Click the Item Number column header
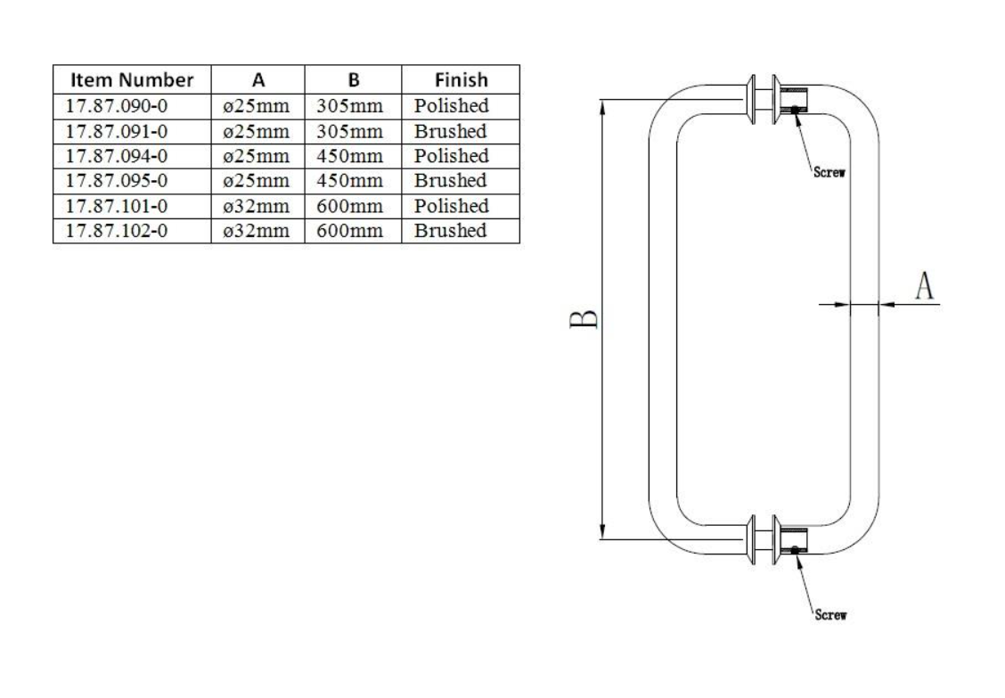[131, 79]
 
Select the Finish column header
[461, 79]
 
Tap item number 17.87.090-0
[117, 106]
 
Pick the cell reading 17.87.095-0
[117, 181]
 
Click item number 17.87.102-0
[117, 231]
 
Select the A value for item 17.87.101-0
[257, 206]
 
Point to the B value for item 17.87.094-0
[349, 156]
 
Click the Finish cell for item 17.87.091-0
[451, 131]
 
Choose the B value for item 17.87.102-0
[349, 231]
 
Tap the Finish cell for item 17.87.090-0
[451, 106]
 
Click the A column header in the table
[258, 80]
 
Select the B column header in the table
[354, 80]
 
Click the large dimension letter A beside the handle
[924, 285]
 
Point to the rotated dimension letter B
[584, 319]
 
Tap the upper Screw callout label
[829, 172]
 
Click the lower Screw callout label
[830, 614]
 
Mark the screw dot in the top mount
[795, 110]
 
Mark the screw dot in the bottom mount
[795, 550]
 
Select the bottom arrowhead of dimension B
[602, 532]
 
